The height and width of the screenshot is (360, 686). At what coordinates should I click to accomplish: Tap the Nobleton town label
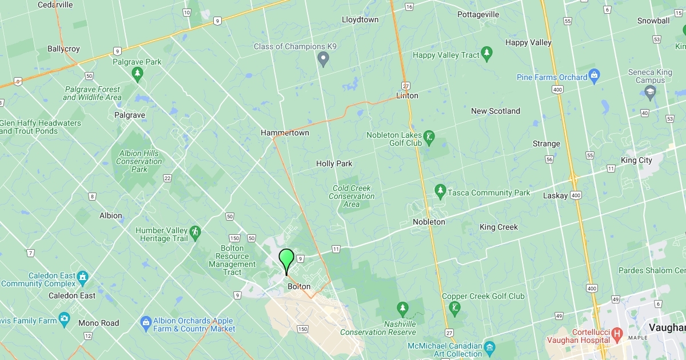click(x=429, y=222)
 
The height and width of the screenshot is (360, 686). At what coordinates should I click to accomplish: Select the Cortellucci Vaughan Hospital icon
click(x=616, y=333)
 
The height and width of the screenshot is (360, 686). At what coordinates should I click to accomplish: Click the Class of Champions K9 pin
click(x=323, y=58)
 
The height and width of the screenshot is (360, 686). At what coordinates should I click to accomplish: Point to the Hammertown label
click(x=285, y=133)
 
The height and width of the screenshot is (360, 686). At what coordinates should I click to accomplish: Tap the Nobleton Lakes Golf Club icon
click(x=429, y=138)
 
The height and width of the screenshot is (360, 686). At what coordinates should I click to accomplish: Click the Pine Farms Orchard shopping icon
click(x=595, y=75)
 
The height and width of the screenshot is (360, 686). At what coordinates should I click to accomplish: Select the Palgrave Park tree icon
click(x=137, y=73)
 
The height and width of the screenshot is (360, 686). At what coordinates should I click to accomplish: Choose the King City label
click(x=636, y=160)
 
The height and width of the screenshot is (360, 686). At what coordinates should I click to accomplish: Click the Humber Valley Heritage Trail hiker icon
click(x=196, y=232)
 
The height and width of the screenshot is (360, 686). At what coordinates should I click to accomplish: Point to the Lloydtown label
click(x=360, y=19)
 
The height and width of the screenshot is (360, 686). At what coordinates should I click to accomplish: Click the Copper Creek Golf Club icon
click(x=455, y=309)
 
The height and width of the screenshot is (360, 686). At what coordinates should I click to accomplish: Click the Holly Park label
click(x=334, y=163)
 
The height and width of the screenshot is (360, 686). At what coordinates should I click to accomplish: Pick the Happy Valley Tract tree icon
click(x=487, y=54)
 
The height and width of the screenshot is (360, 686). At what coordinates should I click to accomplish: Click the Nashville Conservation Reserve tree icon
click(x=402, y=309)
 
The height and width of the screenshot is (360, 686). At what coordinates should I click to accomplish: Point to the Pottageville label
click(x=478, y=14)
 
